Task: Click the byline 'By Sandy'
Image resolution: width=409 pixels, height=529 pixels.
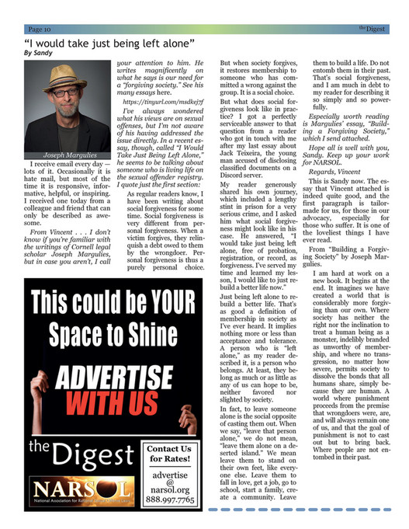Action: point(40,53)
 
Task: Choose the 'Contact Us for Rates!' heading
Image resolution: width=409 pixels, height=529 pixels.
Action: point(168,454)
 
